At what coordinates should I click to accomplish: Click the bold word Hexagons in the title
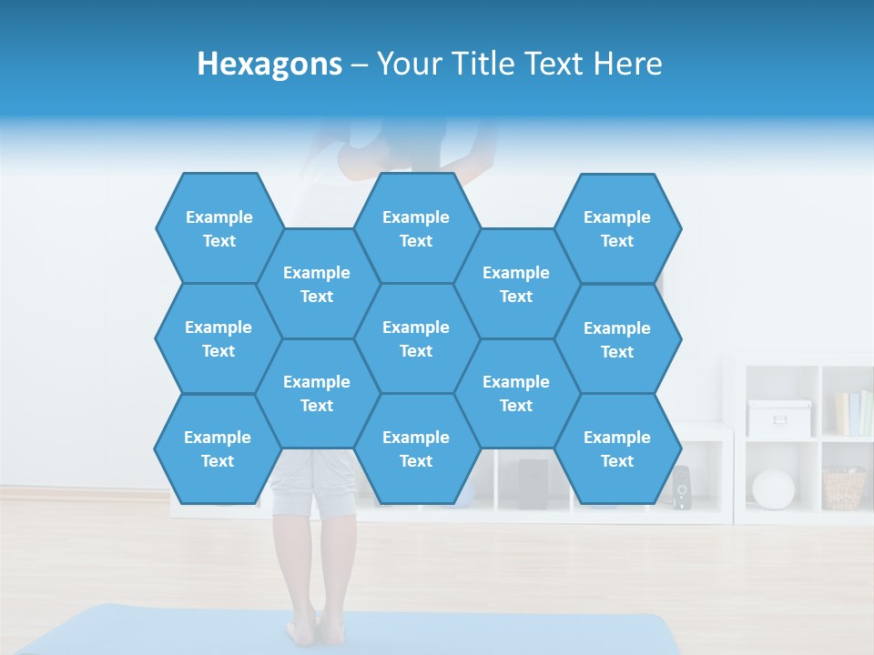(x=269, y=65)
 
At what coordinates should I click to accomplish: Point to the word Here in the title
(x=627, y=65)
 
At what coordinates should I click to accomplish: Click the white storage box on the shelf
(x=779, y=418)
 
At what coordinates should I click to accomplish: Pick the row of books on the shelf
(x=853, y=413)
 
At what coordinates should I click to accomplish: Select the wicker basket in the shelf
(x=844, y=489)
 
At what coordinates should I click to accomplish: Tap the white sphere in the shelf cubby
(x=773, y=489)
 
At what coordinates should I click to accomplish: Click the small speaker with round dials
(x=681, y=489)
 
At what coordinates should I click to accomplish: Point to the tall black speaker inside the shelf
(x=533, y=483)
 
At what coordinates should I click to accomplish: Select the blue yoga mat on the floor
(x=455, y=632)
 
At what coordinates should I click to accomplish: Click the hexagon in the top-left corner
(x=218, y=228)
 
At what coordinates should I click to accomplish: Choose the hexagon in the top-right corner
(x=617, y=228)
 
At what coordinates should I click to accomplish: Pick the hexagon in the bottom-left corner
(x=218, y=448)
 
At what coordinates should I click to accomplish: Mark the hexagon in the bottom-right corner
(x=617, y=448)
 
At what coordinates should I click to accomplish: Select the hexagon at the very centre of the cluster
(x=416, y=338)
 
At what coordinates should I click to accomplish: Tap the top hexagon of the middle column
(x=416, y=228)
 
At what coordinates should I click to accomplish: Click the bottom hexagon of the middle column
(x=416, y=448)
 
